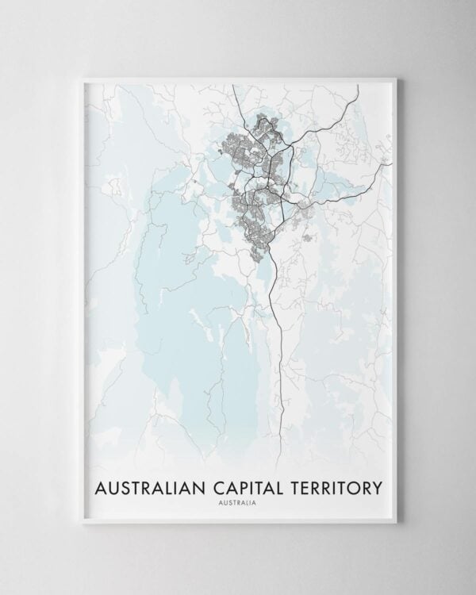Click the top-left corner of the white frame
click(x=83, y=77)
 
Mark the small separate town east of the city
click(x=304, y=208)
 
